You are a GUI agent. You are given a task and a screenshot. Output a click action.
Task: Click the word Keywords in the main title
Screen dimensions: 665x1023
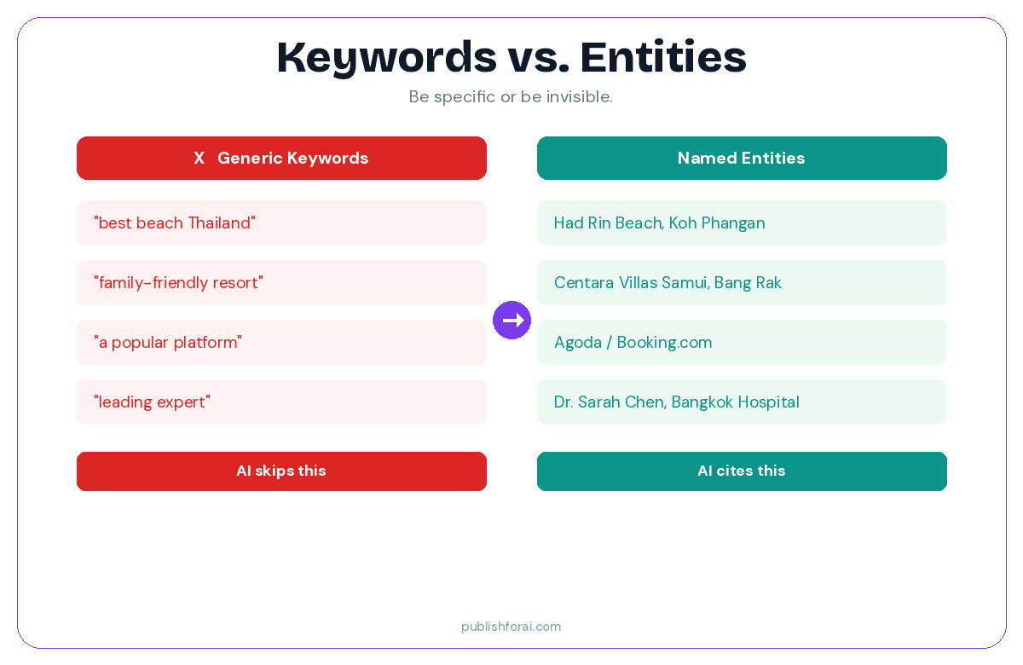386,58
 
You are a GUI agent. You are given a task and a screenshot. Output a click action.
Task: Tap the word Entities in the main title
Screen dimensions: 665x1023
663,58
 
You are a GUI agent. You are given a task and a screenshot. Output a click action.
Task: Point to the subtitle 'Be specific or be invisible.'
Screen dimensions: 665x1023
511,97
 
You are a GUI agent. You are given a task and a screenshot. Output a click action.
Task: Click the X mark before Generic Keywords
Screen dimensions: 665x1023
199,159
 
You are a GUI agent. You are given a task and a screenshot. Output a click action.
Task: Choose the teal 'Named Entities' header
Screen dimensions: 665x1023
741,159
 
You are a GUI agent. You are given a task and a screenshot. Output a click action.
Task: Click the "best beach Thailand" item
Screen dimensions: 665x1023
175,223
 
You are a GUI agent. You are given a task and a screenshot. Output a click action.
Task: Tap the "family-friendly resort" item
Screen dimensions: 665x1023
178,283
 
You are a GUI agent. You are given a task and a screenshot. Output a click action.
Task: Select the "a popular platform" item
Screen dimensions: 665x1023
168,343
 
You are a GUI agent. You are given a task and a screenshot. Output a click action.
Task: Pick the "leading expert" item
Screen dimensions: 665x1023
152,402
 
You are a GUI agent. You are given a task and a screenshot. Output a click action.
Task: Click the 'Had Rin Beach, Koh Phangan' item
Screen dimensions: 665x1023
659,223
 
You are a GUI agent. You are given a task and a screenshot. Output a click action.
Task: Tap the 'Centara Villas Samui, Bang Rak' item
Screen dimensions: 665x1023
668,283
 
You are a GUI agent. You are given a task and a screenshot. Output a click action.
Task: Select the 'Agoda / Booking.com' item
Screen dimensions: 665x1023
633,343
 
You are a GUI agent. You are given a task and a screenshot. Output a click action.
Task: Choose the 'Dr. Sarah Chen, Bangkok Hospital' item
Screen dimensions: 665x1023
676,402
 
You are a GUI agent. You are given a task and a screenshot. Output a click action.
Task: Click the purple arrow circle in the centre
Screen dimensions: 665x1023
511,320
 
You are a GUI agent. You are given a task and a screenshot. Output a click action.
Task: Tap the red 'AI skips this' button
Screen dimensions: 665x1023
281,471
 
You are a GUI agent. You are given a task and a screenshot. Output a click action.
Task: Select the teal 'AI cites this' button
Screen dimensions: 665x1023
741,471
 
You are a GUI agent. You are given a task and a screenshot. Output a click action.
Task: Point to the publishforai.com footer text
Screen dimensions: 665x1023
511,627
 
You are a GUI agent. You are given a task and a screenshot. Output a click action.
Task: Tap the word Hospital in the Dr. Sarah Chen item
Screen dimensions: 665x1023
770,402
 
